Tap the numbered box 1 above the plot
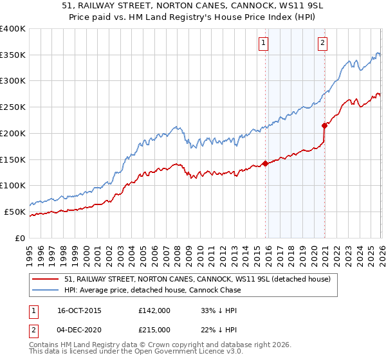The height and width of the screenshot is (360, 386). coord(264,44)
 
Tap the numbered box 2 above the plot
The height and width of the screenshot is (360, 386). coord(322,44)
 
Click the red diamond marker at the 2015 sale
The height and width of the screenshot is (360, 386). coord(265,163)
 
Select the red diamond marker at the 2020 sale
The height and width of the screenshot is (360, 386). coord(324,125)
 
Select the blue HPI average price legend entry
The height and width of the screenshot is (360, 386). coord(152,290)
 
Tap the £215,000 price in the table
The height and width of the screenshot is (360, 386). coord(154,330)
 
